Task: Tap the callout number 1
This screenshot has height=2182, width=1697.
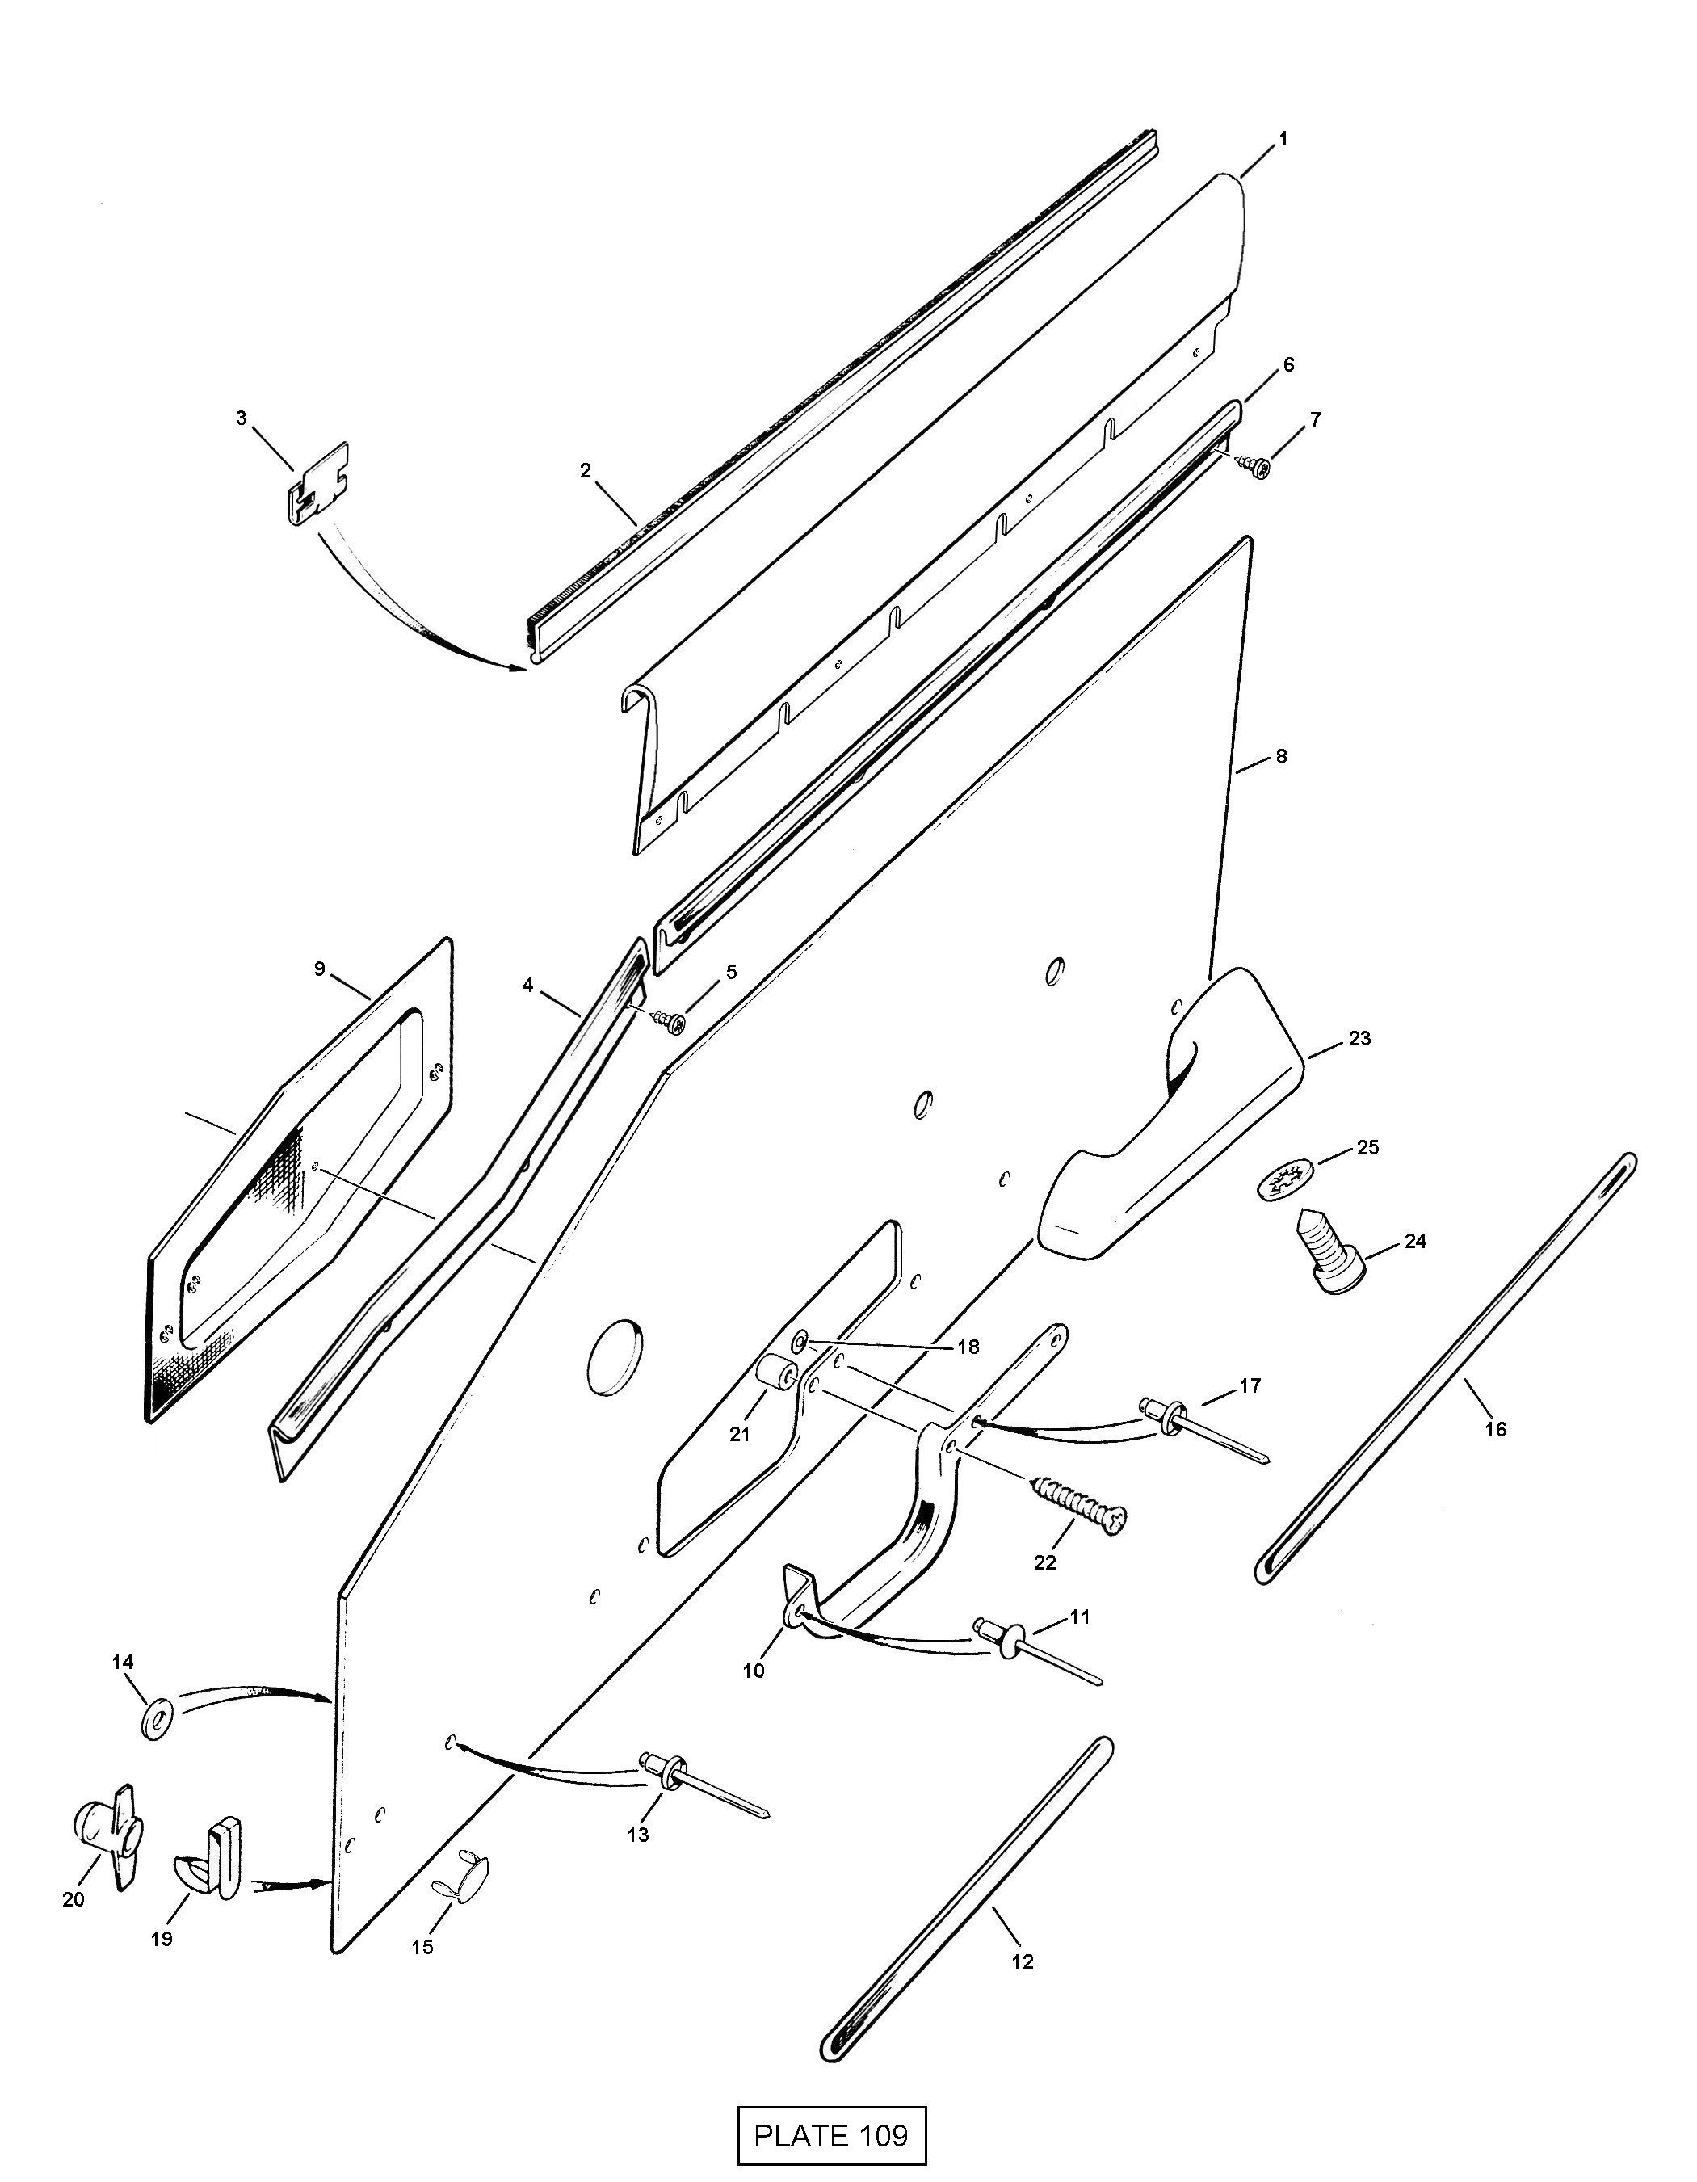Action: [x=1283, y=139]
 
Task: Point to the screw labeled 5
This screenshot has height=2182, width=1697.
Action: [x=671, y=1021]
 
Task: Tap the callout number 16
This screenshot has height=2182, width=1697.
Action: [x=1495, y=1430]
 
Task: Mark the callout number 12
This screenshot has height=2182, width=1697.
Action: [x=1022, y=1961]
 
